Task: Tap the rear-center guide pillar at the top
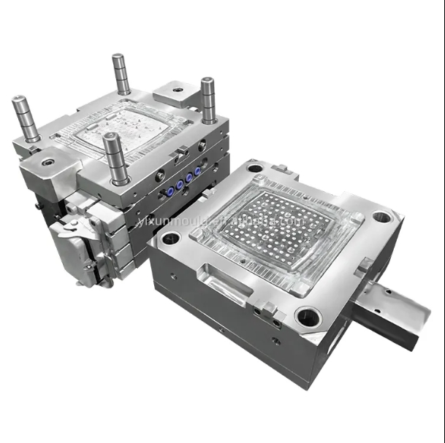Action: [121, 74]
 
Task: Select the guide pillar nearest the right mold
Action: [208, 100]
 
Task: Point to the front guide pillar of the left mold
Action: [115, 158]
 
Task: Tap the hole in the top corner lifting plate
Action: [178, 90]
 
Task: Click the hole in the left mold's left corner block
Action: [48, 162]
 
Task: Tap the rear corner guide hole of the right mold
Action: [255, 168]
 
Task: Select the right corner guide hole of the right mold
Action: [381, 217]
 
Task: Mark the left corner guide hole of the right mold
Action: [170, 238]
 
